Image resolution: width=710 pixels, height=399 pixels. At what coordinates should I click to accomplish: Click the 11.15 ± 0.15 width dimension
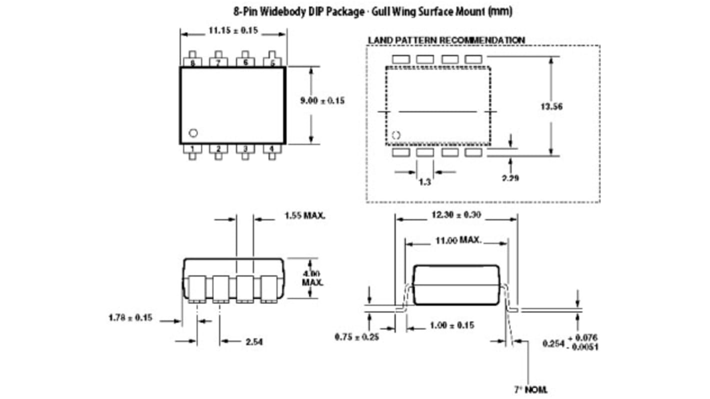(232, 31)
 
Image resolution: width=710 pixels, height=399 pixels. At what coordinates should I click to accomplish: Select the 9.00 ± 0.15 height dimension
(322, 100)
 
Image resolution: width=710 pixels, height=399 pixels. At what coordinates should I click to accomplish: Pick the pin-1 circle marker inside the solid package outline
(193, 132)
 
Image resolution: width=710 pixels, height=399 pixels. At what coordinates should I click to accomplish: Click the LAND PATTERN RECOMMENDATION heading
(453, 40)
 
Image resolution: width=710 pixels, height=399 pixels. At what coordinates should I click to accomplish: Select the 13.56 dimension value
(551, 106)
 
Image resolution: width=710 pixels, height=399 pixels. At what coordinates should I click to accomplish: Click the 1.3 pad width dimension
(424, 182)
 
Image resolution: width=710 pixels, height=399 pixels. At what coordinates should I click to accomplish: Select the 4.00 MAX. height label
(312, 278)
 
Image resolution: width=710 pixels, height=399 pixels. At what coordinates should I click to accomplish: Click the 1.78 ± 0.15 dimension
(130, 317)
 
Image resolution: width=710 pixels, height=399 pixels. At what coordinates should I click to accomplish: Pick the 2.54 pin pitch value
(255, 342)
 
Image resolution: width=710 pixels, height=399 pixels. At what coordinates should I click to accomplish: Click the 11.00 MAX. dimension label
(457, 240)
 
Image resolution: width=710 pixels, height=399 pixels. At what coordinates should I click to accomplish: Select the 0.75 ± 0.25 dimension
(356, 336)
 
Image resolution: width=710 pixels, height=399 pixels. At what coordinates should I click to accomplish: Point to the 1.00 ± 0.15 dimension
(452, 325)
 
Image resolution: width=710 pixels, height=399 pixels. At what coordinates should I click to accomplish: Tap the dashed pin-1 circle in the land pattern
(396, 135)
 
